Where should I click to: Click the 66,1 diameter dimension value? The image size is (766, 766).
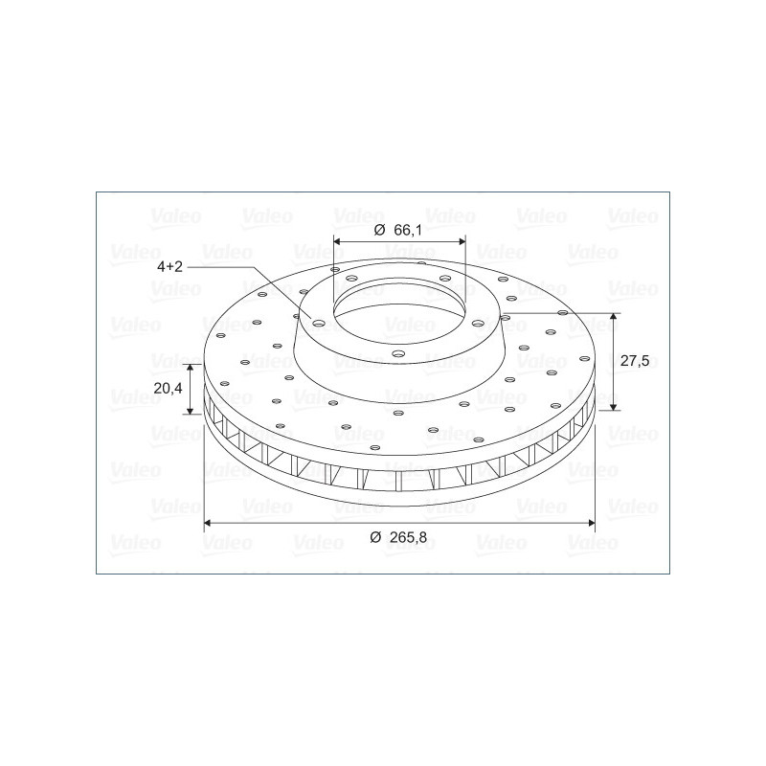[x=408, y=230]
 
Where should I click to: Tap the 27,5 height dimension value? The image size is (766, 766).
[x=635, y=361]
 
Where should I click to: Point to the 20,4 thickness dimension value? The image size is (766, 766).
[x=169, y=389]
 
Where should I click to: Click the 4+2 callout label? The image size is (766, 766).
[x=169, y=267]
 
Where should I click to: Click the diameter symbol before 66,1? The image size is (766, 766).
[x=379, y=230]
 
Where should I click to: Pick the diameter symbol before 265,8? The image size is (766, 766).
[x=375, y=537]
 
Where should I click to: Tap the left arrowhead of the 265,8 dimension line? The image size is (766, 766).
[x=208, y=523]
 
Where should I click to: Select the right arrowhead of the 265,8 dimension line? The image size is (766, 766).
[x=591, y=523]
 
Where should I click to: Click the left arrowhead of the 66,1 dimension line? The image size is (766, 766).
[x=337, y=241]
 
